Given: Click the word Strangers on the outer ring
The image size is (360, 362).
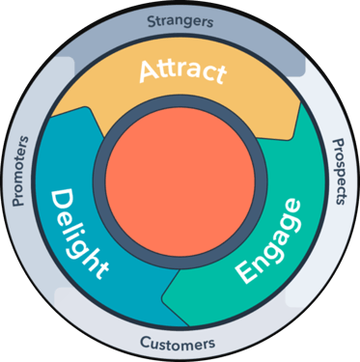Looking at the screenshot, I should pos(180,19).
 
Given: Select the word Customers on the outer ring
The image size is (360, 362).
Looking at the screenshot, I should pos(179,342).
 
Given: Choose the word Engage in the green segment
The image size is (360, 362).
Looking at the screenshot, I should pos(267,237).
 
